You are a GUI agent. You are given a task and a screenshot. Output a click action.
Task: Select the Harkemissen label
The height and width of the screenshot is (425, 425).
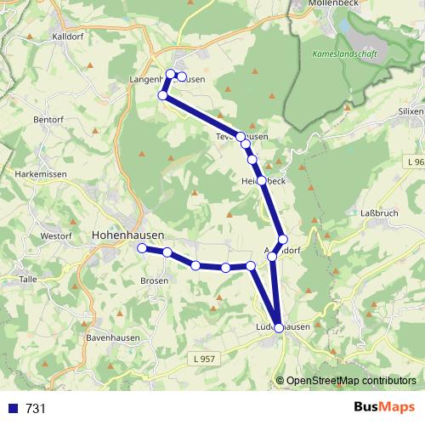point(35,173)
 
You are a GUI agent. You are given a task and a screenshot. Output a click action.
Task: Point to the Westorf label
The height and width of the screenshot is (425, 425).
point(56,235)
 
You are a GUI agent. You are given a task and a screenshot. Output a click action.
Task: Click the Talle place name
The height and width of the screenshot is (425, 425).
point(28,278)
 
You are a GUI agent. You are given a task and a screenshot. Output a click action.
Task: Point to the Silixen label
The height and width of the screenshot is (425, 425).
point(411,111)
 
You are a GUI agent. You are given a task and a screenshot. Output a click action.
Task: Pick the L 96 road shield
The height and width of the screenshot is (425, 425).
point(413,161)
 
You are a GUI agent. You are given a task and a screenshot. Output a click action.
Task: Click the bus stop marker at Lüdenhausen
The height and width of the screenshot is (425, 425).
point(279,327)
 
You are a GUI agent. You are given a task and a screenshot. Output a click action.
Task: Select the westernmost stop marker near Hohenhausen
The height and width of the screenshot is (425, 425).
point(142,248)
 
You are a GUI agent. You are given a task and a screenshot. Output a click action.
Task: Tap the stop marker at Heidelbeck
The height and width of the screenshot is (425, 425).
point(262,181)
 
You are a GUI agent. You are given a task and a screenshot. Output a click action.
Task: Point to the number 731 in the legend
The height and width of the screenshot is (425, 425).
point(36,408)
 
